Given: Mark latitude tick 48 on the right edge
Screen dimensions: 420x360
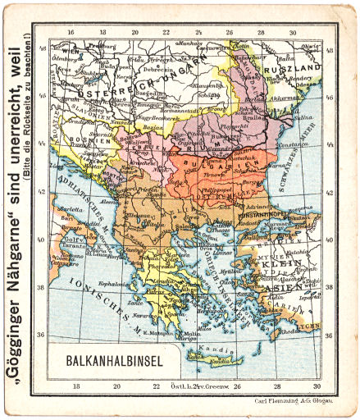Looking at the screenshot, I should pos(330,50).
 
